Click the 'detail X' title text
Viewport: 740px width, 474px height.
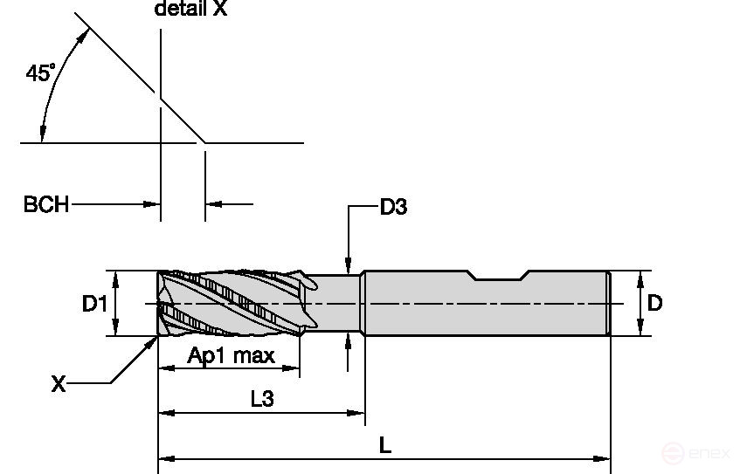tap(190, 10)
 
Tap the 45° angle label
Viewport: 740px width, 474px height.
tap(39, 73)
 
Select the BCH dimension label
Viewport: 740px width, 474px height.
tap(45, 205)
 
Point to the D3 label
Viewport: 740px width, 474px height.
tap(393, 207)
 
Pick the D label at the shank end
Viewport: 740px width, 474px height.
tap(655, 303)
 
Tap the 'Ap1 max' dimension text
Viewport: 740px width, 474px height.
tap(231, 355)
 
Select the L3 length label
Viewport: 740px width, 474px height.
tap(261, 399)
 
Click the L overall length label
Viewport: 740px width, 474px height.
tap(384, 444)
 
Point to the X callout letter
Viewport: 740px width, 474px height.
tap(59, 383)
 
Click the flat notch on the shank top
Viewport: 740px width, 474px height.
tap(497, 278)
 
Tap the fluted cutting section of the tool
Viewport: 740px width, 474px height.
tap(232, 304)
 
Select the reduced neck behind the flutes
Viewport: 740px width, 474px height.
tap(336, 303)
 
